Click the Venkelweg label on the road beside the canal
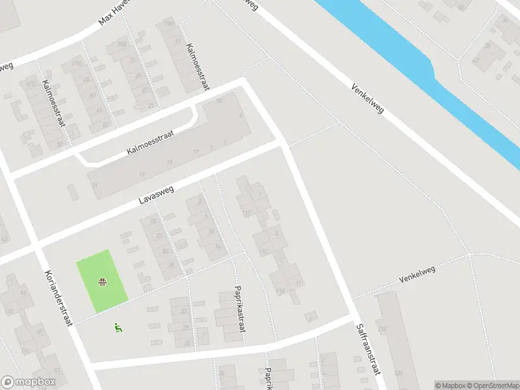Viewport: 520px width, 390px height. (x=368, y=98)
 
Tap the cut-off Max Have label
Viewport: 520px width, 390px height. (x=114, y=12)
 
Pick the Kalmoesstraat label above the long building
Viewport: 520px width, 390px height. (x=151, y=142)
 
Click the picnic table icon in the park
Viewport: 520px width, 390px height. (x=102, y=281)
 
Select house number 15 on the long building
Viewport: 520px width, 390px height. (x=169, y=162)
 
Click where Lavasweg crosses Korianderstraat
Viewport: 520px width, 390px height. (x=34, y=244)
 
